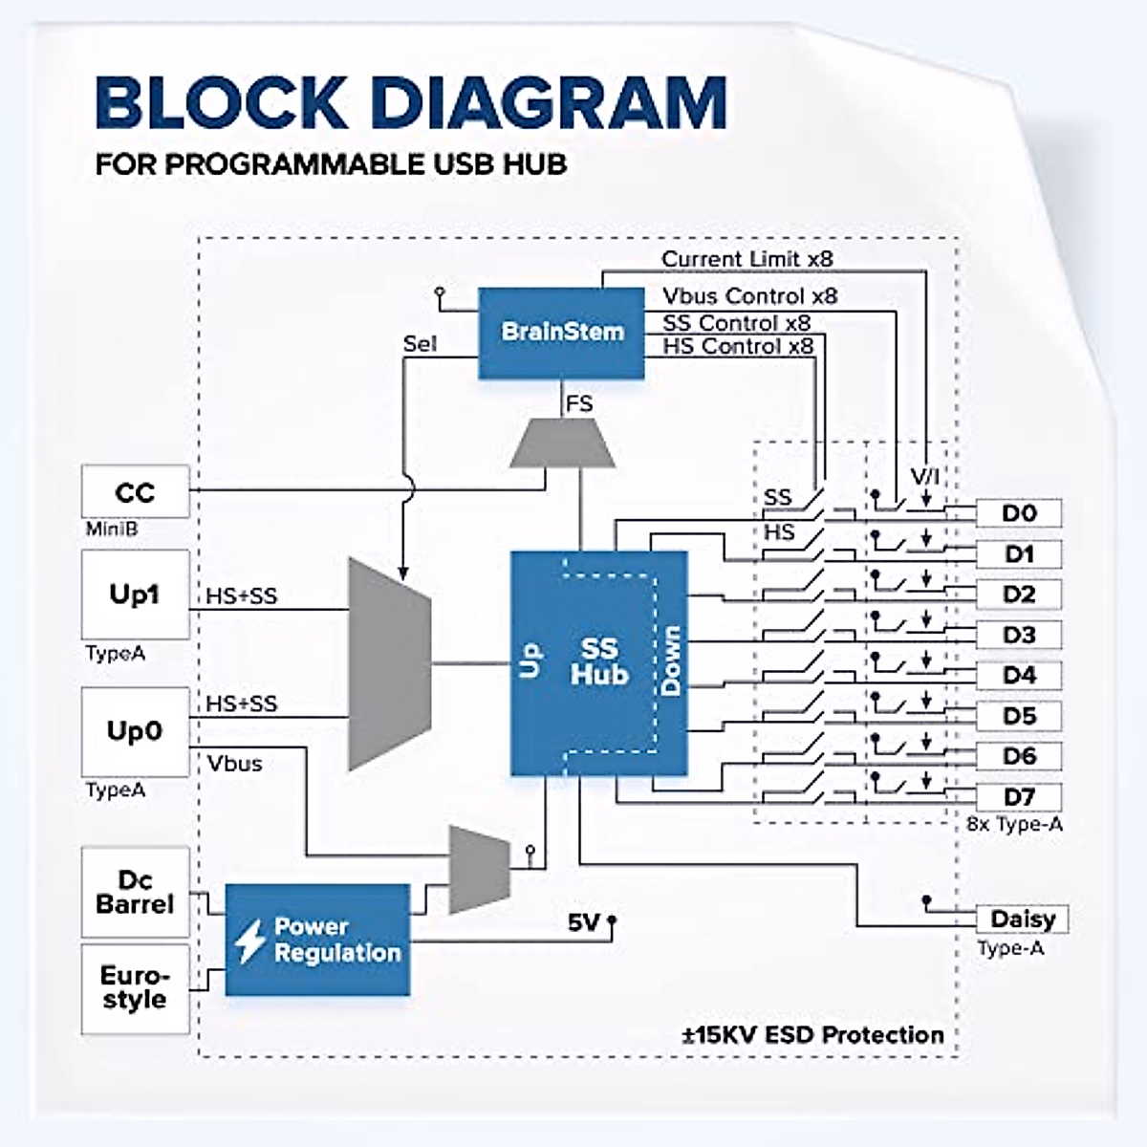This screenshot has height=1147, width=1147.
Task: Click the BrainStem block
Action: [x=561, y=333]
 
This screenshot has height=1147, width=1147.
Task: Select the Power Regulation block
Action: [x=317, y=940]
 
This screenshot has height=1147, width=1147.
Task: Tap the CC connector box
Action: [x=135, y=492]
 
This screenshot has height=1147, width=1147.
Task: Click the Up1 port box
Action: [x=135, y=595]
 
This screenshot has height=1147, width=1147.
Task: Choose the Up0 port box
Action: [x=135, y=731]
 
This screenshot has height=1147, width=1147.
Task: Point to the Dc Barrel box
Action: [x=135, y=892]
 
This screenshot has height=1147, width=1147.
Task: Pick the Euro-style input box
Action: [x=135, y=987]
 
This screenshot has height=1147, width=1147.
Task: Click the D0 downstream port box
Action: [x=1019, y=513]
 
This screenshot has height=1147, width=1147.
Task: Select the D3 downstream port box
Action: [x=1019, y=635]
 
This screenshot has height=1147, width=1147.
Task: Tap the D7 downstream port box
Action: [x=1019, y=796]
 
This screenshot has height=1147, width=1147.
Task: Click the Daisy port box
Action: [x=1022, y=920]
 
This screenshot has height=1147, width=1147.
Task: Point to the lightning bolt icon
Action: [x=250, y=941]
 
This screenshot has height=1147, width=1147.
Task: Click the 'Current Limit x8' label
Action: [x=747, y=259]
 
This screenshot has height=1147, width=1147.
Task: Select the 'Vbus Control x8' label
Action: [x=749, y=296]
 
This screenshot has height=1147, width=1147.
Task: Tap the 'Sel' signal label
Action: [x=420, y=344]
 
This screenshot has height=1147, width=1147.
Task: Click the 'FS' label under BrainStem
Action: [x=579, y=404]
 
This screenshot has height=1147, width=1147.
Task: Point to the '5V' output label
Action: [x=583, y=922]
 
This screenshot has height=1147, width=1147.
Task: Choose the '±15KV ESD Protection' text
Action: [x=812, y=1035]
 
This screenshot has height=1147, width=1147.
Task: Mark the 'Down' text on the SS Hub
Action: [x=671, y=660]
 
